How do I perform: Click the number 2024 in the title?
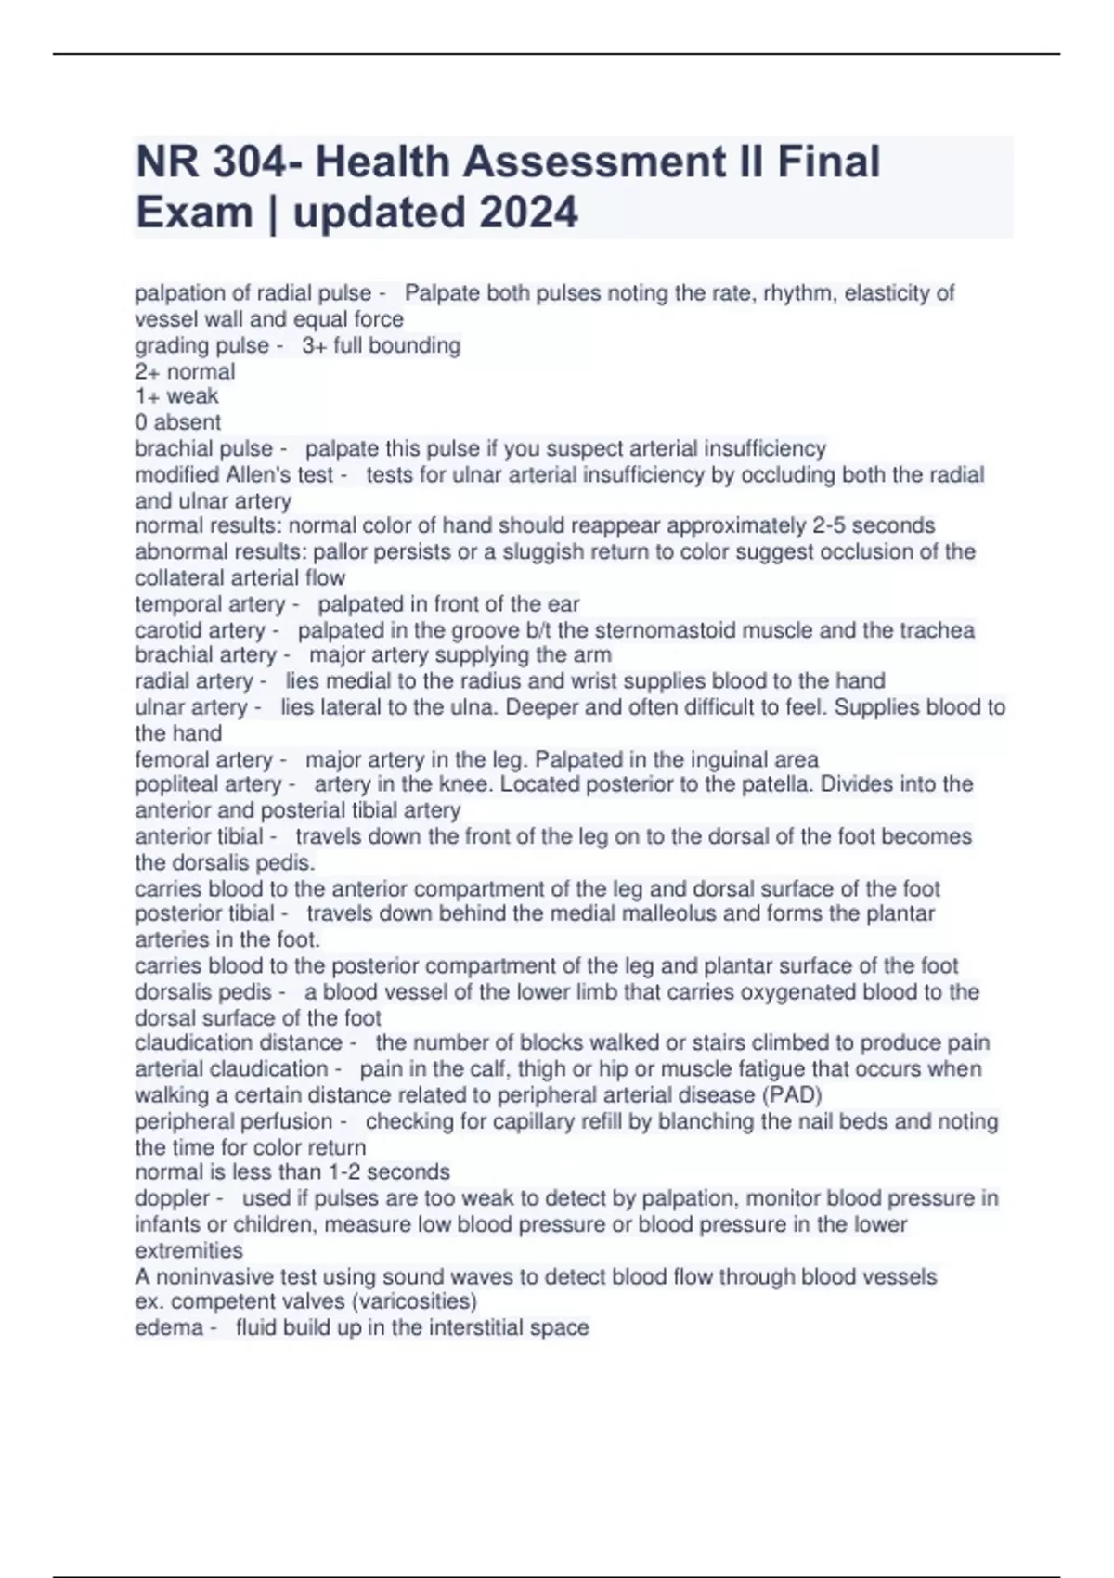528,213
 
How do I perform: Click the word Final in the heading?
828,162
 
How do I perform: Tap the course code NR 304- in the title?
219,162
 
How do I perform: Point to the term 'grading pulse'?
201,345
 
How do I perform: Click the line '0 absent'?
178,422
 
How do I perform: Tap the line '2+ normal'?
185,371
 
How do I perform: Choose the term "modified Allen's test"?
234,474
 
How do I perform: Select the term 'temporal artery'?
210,604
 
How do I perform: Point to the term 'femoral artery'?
203,759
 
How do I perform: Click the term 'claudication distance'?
239,1042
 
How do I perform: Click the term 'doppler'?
172,1198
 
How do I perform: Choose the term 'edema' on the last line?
169,1327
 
